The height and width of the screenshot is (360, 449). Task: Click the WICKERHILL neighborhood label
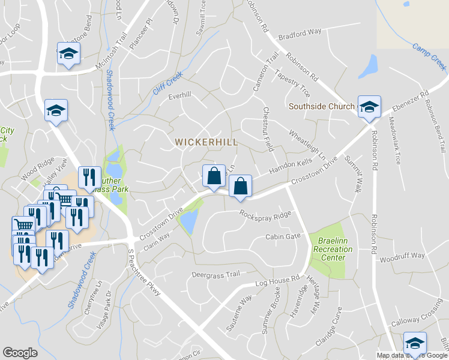coord(206,142)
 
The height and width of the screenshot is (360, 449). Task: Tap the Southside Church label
coord(321,107)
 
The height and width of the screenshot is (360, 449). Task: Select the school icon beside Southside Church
coord(369,107)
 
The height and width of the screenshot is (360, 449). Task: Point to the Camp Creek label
coord(430,55)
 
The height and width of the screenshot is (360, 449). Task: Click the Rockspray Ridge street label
coord(265,214)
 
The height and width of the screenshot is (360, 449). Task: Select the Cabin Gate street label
coord(283,236)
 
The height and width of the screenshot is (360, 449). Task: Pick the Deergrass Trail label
coord(215,274)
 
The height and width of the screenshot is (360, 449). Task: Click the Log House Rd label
coord(277,280)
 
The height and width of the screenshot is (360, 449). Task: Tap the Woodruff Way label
coord(402,256)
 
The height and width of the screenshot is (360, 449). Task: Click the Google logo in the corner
coord(20,353)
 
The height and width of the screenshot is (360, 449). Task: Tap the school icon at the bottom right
coord(414,344)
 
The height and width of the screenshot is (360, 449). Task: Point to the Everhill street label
coord(179,95)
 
